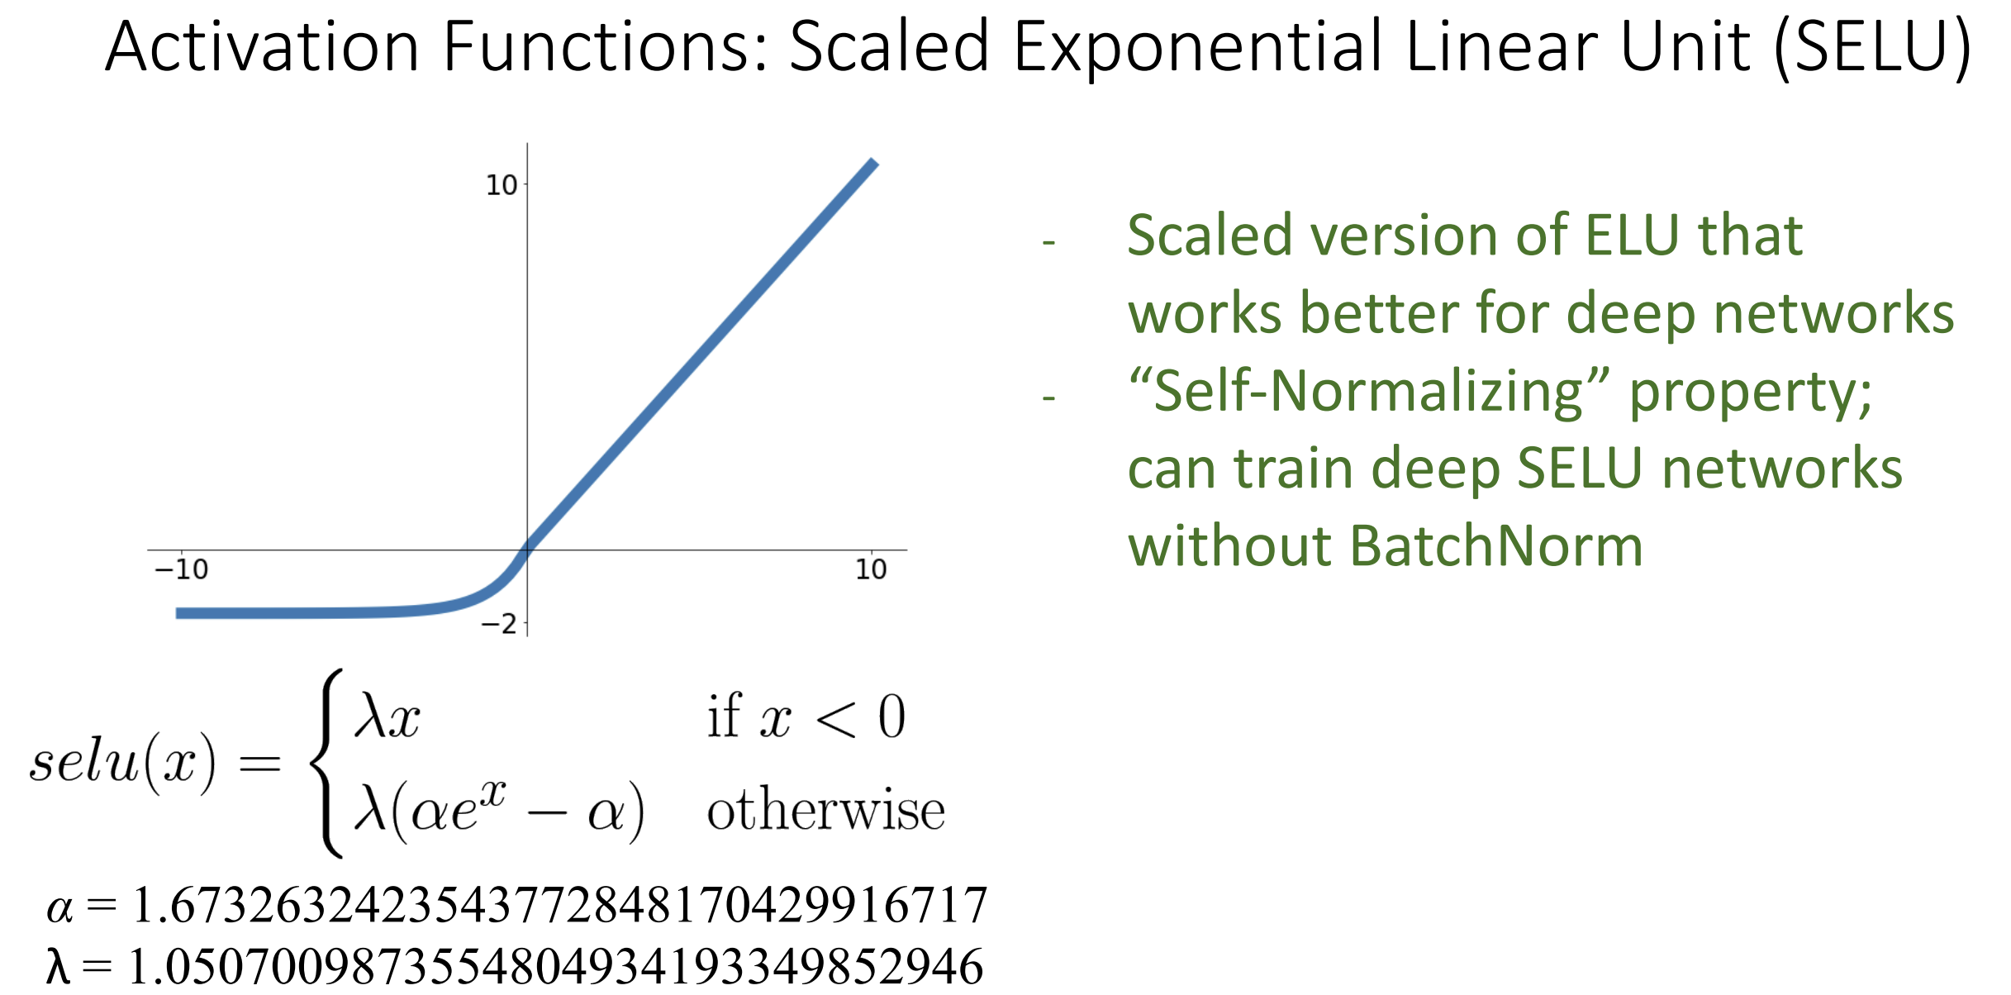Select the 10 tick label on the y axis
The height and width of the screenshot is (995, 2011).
502,185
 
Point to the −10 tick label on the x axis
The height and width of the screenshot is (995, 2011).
182,569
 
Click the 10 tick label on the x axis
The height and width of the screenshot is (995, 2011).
871,569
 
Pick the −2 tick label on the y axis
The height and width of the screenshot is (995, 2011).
499,623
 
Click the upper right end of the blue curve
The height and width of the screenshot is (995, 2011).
874,162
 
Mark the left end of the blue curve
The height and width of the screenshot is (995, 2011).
177,613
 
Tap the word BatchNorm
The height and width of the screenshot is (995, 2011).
1496,546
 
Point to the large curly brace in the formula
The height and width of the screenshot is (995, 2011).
326,763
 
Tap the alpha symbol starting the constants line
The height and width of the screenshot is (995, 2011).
59,908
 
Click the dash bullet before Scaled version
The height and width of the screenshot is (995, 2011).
1049,243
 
